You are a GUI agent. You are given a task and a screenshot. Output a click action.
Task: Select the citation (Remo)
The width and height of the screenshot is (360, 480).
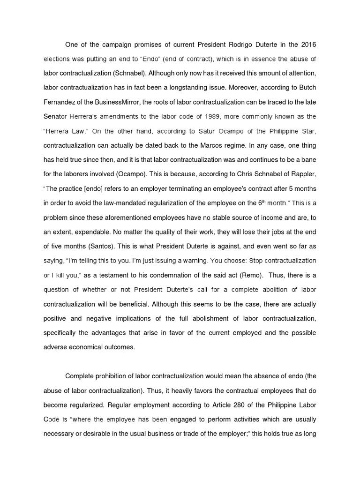click(x=250, y=275)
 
